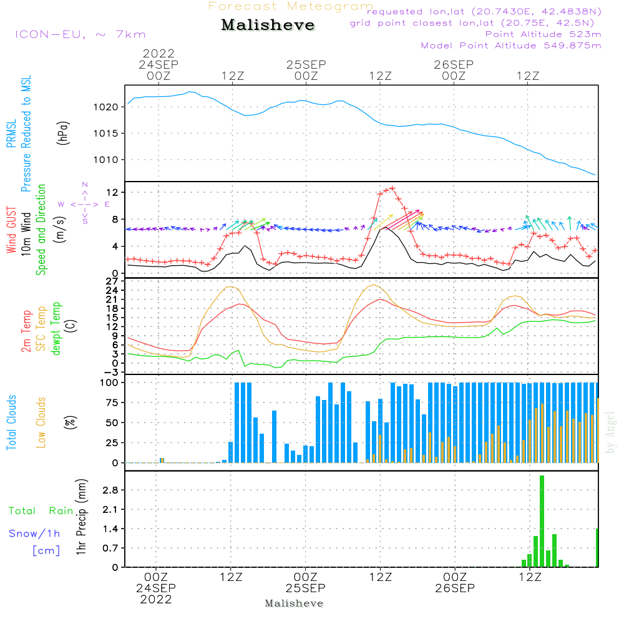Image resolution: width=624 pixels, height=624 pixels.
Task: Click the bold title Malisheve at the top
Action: (268, 26)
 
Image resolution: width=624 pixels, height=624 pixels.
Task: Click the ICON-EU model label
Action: (80, 34)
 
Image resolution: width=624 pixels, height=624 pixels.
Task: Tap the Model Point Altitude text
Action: (511, 46)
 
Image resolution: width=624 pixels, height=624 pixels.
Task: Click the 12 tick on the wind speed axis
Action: (112, 192)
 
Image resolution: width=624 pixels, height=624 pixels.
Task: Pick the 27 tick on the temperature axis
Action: (112, 281)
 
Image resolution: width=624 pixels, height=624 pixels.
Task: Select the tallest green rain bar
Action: (542, 521)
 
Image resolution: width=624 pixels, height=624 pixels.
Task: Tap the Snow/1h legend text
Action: (34, 534)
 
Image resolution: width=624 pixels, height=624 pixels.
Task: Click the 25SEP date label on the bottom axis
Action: (306, 588)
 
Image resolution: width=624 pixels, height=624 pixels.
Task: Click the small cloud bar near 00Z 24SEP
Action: (162, 460)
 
